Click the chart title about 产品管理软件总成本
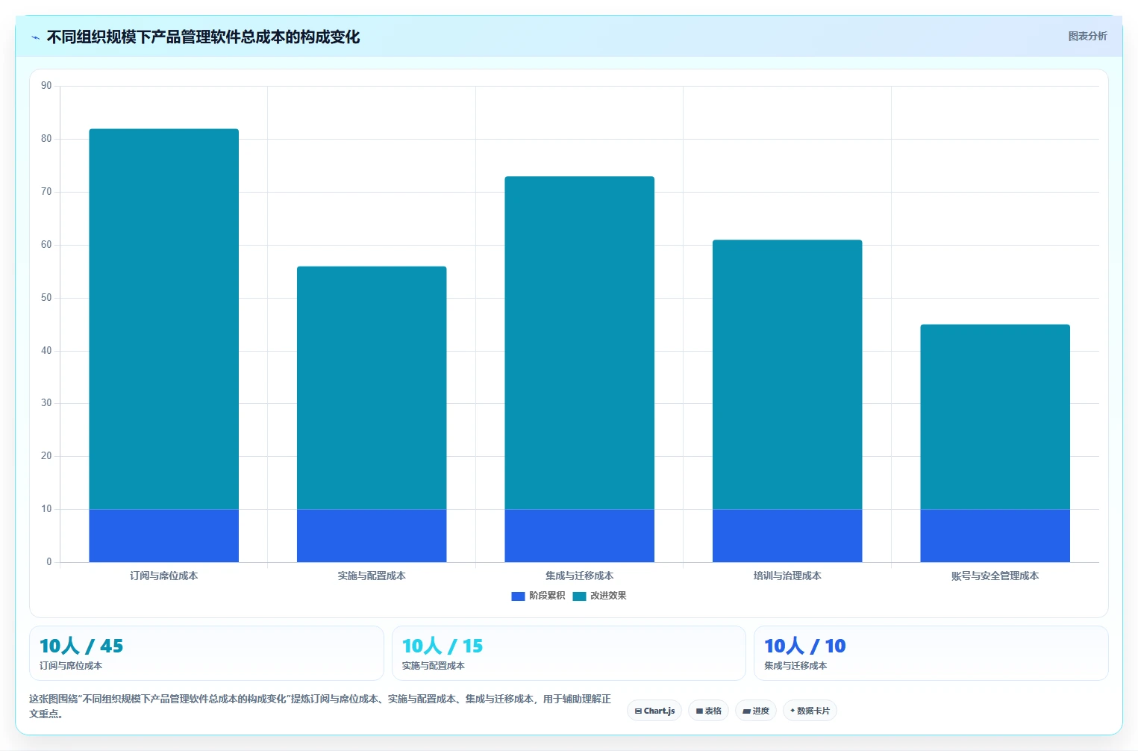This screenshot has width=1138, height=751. [203, 37]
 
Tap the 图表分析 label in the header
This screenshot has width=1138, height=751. [1087, 36]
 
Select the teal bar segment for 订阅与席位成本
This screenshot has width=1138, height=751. [163, 319]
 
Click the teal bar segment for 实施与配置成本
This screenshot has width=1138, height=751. [372, 387]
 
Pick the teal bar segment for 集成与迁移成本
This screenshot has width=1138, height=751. [579, 343]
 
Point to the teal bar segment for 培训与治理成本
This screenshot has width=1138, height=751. [787, 375]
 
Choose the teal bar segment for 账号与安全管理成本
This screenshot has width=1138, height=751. [995, 417]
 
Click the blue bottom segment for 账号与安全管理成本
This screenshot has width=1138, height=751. [995, 535]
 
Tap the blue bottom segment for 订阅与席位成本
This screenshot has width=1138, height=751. [163, 535]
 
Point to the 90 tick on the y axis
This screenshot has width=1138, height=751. [46, 85]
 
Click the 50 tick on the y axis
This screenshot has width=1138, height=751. [46, 297]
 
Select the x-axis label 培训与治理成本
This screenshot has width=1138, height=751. [787, 576]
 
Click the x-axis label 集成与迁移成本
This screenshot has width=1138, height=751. [579, 576]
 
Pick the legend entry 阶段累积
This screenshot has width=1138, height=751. [538, 596]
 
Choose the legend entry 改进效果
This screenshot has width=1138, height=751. [599, 596]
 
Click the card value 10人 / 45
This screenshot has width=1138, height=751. [81, 646]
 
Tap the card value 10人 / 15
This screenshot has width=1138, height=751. [442, 646]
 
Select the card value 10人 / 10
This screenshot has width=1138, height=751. [804, 646]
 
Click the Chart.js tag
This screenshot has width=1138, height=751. [654, 711]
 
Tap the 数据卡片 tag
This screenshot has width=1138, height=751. [810, 711]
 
